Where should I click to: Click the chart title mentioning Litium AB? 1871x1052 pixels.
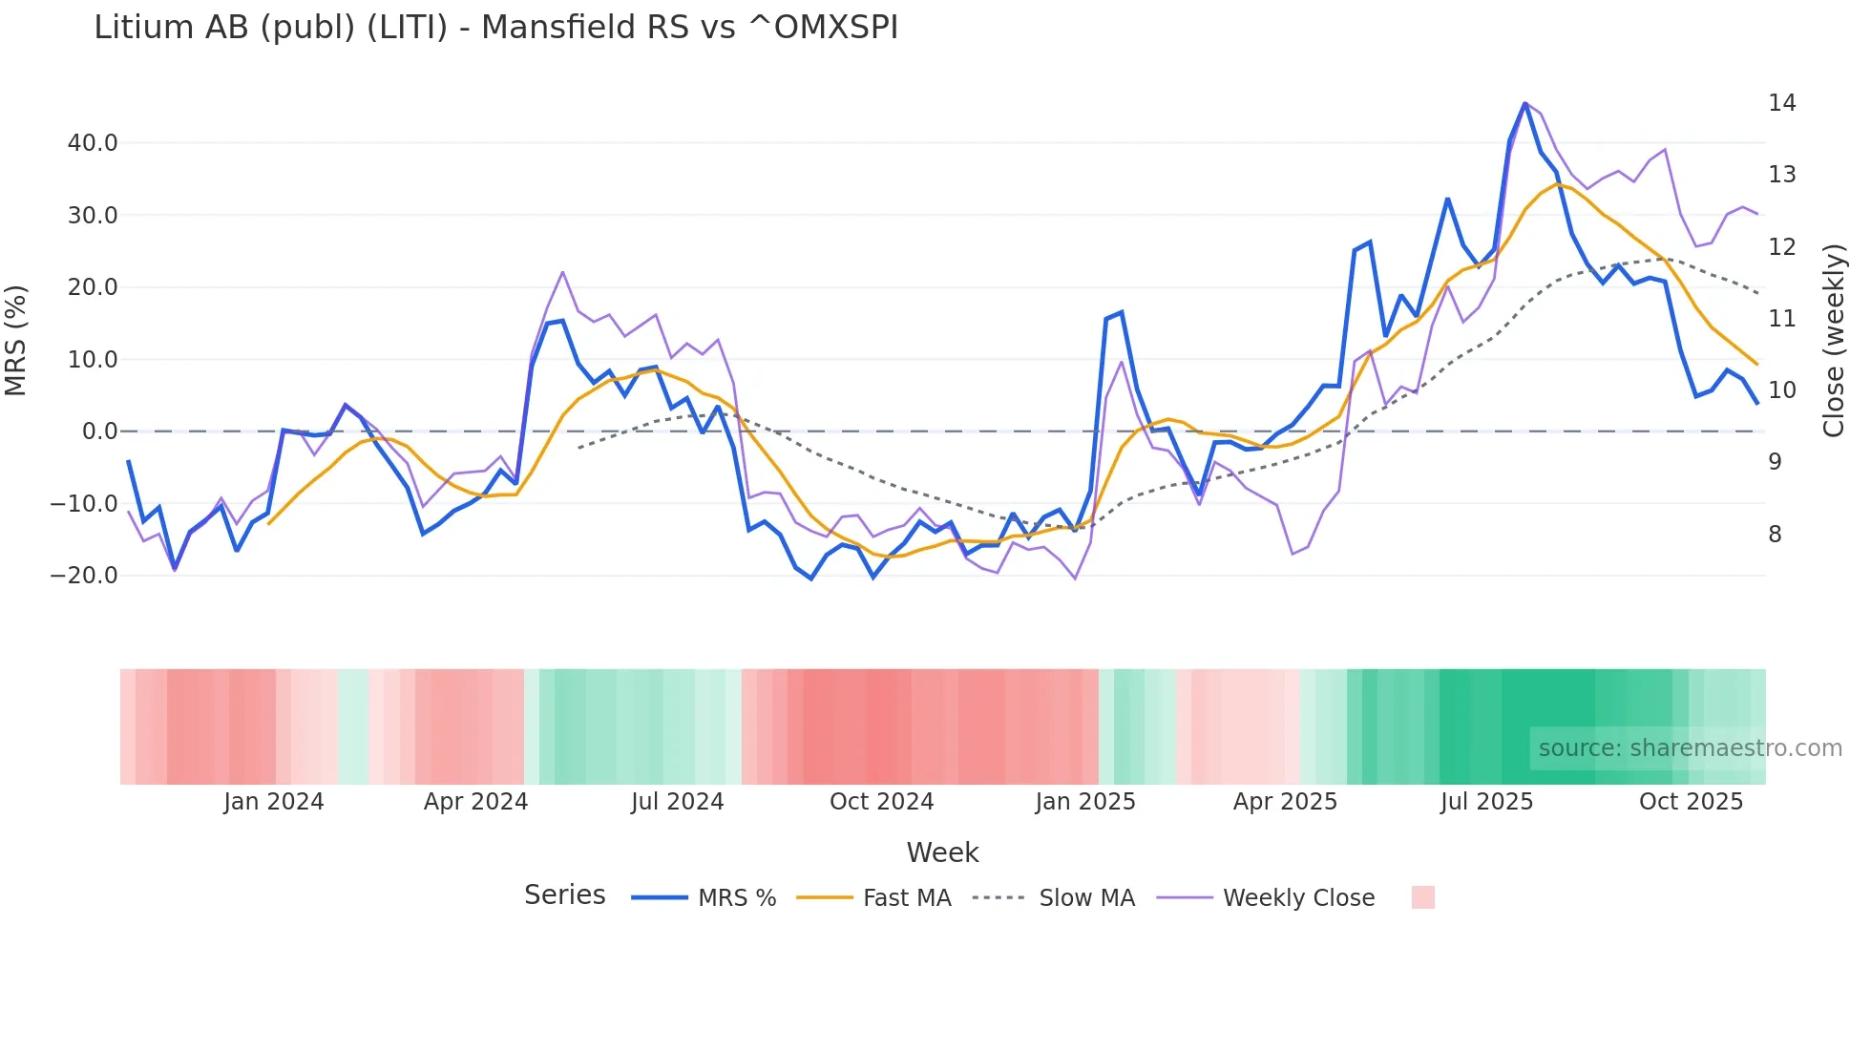click(495, 28)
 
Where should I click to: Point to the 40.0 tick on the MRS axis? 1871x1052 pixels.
click(93, 143)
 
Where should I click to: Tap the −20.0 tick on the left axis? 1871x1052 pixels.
click(85, 576)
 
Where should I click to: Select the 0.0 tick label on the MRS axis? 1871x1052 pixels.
click(99, 431)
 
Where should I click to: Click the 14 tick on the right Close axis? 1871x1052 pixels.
click(1781, 103)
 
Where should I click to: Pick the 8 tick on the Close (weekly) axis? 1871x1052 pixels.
click(1775, 535)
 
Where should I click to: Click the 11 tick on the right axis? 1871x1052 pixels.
click(1781, 319)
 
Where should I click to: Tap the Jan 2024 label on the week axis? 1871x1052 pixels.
click(274, 802)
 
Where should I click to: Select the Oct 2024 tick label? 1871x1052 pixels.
click(881, 802)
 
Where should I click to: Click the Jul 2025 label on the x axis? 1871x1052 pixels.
click(1486, 802)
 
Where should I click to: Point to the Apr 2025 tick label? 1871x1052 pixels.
click(1285, 802)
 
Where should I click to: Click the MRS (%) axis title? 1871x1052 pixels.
click(16, 341)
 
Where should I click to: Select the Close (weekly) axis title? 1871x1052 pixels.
click(1834, 341)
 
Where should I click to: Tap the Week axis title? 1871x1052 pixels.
click(942, 852)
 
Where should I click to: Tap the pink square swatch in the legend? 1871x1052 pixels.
click(1422, 897)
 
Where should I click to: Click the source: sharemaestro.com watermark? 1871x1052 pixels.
click(1690, 748)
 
